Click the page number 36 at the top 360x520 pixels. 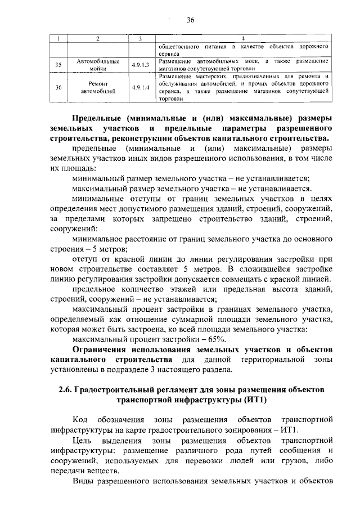click(190, 20)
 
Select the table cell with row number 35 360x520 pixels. click(58, 65)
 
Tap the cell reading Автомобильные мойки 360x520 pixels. click(97, 65)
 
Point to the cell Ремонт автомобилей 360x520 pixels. click(97, 88)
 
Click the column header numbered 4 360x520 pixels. click(244, 38)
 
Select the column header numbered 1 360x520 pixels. click(58, 38)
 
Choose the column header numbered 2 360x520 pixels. click(97, 38)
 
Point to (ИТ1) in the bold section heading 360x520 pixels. click(251, 400)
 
